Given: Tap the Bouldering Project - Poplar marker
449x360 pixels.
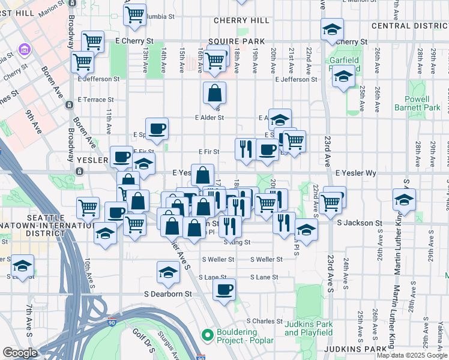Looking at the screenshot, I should click(208, 335).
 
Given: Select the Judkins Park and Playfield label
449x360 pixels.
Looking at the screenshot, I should click(309, 328).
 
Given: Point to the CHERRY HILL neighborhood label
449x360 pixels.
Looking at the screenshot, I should click(241, 20).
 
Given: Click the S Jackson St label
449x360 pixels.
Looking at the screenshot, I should click(360, 223).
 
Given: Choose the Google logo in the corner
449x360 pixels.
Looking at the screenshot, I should click(20, 353).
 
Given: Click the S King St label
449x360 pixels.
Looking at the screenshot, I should click(237, 242).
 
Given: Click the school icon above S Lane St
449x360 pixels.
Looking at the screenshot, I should click(168, 272).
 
